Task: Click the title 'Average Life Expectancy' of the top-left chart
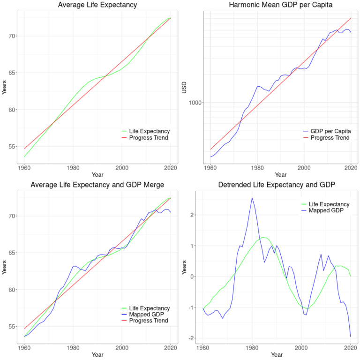coord(97,5)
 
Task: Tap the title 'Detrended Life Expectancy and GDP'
coord(277,185)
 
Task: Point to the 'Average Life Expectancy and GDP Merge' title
coord(97,185)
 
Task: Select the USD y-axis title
coord(184,87)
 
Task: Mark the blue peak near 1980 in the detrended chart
coord(252,198)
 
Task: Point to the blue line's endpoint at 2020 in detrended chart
coord(351,337)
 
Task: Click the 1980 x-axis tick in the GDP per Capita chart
coord(257,167)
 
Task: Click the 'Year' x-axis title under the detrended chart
coord(277,355)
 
